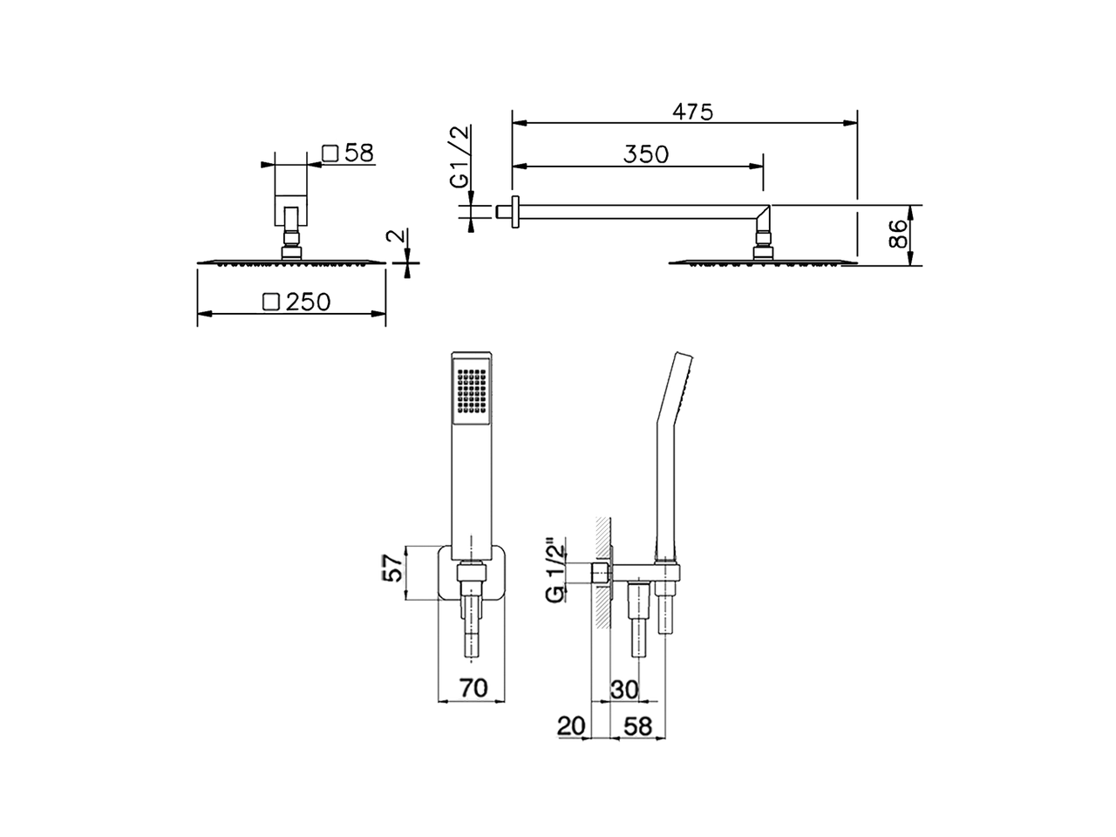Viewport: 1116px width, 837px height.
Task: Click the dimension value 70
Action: point(473,689)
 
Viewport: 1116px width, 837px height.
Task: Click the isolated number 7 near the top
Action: point(692,112)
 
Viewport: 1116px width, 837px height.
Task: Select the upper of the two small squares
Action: point(330,153)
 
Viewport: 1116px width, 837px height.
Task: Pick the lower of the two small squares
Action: point(270,302)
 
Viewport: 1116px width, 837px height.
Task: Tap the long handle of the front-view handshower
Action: point(471,488)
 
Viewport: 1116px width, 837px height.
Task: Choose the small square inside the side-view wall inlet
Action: point(600,572)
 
